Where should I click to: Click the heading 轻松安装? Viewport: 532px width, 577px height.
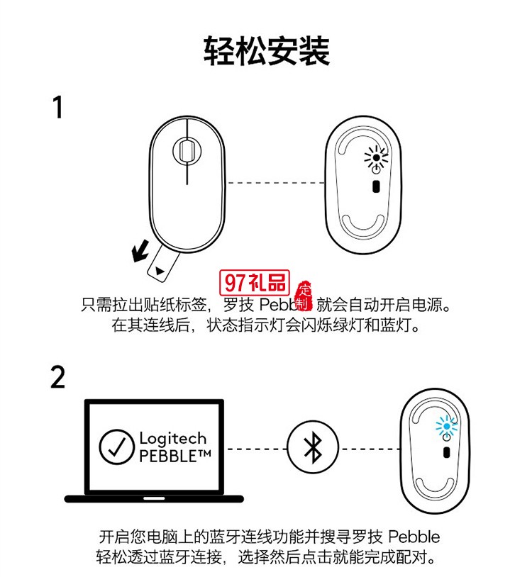(x=266, y=50)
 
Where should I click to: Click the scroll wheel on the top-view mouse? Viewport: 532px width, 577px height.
(x=187, y=150)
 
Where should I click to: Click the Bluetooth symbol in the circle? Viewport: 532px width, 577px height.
(x=309, y=449)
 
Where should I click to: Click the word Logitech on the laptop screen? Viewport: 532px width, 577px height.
(x=172, y=438)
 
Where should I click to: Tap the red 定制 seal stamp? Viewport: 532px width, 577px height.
(x=304, y=295)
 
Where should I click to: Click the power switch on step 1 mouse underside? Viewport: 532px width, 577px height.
(x=376, y=186)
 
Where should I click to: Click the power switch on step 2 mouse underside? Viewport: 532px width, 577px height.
(x=446, y=453)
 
